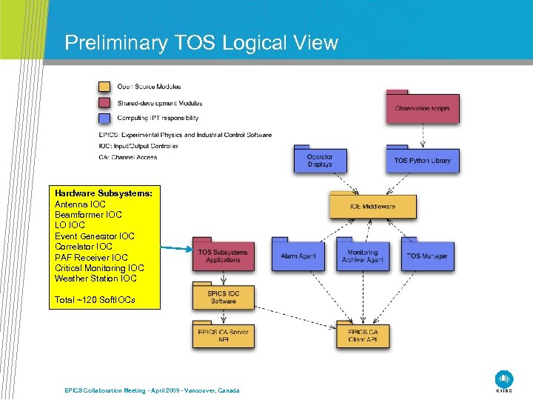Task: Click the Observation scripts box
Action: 423,108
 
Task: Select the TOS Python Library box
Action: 422,161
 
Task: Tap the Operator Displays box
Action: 320,161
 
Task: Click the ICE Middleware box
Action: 372,207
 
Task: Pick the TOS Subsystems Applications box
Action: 224,256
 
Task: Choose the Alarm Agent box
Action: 298,256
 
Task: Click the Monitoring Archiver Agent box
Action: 363,256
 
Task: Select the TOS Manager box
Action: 427,256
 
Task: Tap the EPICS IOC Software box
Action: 224,297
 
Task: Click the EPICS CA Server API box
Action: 224,336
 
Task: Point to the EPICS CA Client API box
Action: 363,336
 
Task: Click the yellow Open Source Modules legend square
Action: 105,87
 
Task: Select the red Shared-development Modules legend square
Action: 105,103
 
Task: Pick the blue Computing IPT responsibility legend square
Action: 105,118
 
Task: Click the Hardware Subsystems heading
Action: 104,193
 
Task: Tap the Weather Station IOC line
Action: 95,279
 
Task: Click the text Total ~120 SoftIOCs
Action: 95,300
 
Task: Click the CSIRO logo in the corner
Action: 504,379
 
